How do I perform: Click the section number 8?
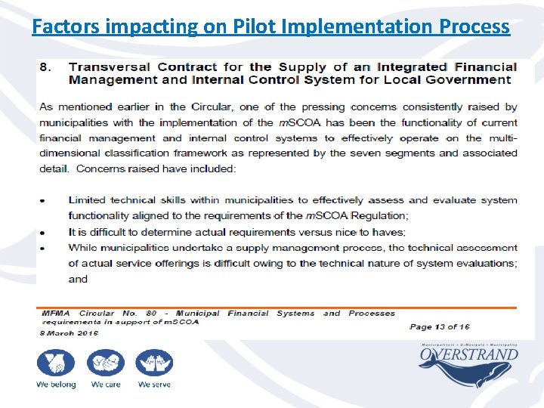click(45, 67)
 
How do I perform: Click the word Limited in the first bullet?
click(87, 200)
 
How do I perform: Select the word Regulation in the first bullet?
click(370, 216)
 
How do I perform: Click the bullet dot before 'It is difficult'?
click(42, 233)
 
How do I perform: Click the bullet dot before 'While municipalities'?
click(42, 248)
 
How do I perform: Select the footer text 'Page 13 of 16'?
click(439, 326)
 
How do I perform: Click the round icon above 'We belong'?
click(56, 363)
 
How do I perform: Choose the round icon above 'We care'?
click(106, 363)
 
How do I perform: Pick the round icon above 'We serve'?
click(154, 363)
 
